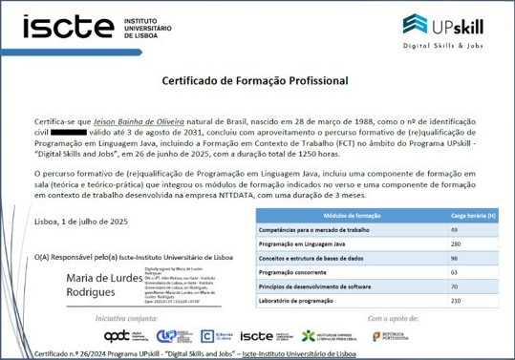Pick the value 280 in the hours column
point(455,244)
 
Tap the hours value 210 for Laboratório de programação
point(455,301)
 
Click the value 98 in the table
point(454,259)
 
